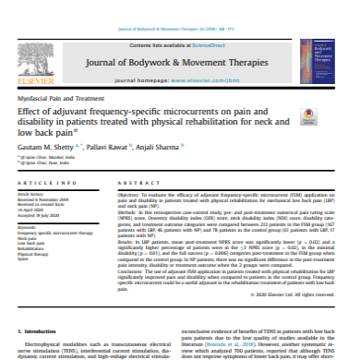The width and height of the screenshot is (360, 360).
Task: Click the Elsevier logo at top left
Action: click(27, 60)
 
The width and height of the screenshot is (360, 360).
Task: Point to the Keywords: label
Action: click(27, 226)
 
